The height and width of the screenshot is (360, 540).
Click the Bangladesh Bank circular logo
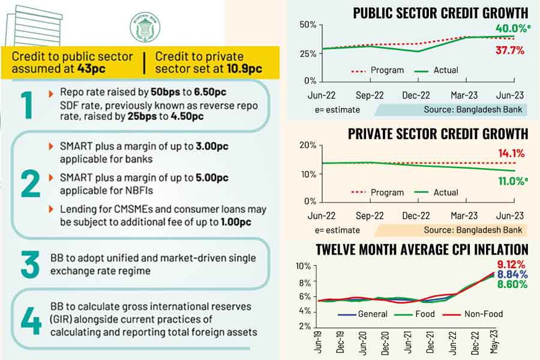coord(145,27)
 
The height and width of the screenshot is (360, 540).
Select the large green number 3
coord(30,265)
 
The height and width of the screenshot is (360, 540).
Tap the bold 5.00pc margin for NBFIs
coord(215,178)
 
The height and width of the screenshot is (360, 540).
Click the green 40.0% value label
coord(510,29)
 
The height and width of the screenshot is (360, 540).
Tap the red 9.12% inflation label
coord(511,265)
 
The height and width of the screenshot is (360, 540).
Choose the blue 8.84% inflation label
coord(511,275)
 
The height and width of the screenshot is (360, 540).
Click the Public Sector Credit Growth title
coord(440,13)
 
